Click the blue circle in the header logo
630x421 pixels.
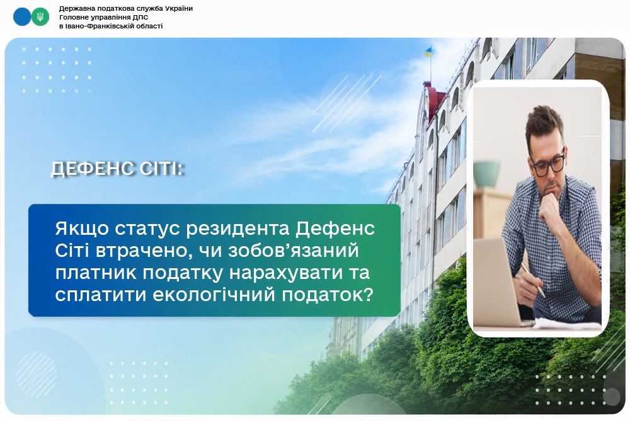(x=22, y=17)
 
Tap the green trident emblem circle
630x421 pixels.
(x=40, y=17)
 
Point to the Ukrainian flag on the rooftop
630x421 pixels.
(x=428, y=52)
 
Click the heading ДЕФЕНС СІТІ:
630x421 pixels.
(x=117, y=169)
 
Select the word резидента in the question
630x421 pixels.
(x=238, y=228)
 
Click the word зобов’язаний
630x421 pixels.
(x=294, y=251)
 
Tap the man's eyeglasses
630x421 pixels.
(x=548, y=165)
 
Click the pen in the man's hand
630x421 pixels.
(x=533, y=280)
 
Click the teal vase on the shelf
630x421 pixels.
(x=486, y=174)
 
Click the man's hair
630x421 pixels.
(x=544, y=122)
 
